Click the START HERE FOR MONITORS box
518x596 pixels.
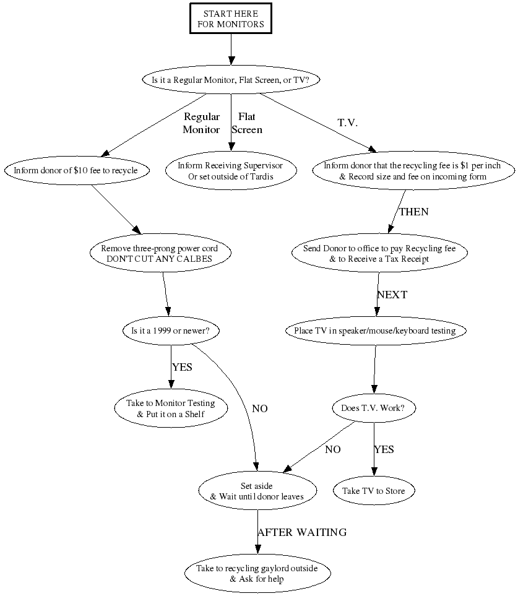click(231, 19)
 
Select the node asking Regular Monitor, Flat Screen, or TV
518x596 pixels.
click(231, 80)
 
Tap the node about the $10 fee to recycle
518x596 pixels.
click(76, 169)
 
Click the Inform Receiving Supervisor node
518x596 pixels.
click(230, 171)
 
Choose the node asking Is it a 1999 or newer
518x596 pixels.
click(170, 331)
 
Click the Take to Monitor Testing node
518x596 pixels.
click(170, 408)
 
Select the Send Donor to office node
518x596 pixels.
click(379, 254)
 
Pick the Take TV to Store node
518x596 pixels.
click(374, 491)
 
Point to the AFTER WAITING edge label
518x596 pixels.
click(302, 532)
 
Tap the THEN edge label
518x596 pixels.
click(413, 212)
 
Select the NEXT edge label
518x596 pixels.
click(392, 295)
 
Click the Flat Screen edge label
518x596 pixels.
click(246, 123)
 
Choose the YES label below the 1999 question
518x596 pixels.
click(182, 367)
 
